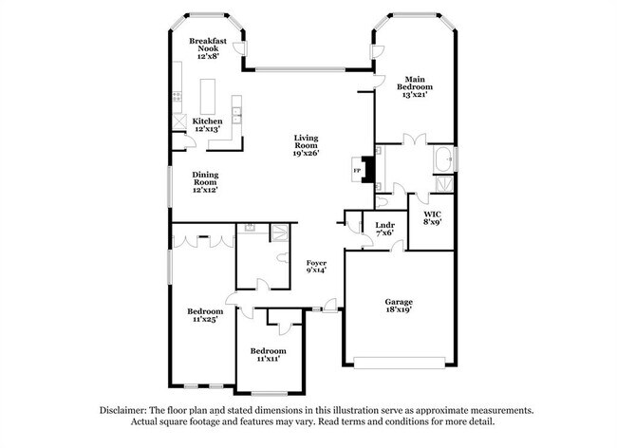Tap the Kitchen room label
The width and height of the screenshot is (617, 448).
tap(207, 121)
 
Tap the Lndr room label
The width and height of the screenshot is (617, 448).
tap(384, 225)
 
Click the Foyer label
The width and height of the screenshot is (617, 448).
tap(316, 263)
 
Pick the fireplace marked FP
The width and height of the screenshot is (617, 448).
tap(358, 171)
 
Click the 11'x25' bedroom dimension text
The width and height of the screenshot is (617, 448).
tap(205, 321)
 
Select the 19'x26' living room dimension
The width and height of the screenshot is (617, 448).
tap(305, 152)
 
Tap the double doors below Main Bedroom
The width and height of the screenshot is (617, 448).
tap(414, 140)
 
